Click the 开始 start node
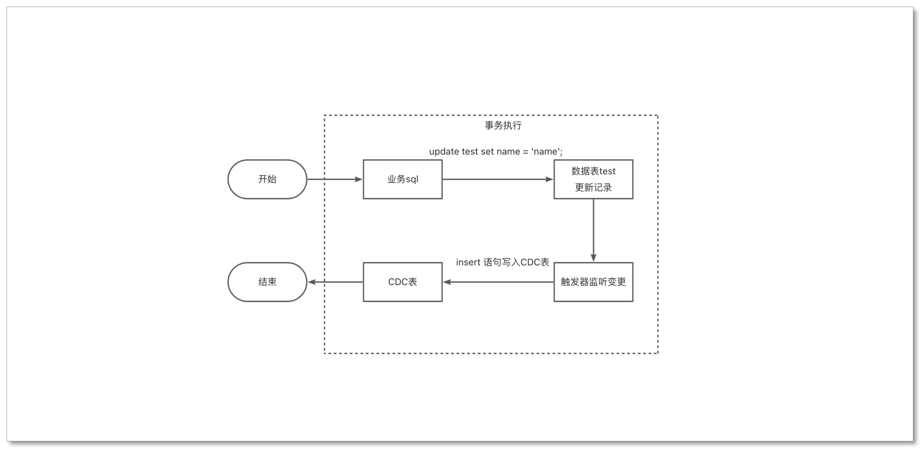267,179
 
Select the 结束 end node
267,282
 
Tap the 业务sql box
402,179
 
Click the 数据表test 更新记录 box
593,179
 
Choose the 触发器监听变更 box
593,282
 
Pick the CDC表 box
402,282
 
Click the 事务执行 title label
503,125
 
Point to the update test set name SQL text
496,152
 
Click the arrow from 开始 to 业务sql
333,179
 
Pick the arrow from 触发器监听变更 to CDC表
498,282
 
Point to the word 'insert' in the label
468,263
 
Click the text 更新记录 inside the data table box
593,187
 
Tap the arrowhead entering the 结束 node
311,282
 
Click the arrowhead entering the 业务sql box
358,179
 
